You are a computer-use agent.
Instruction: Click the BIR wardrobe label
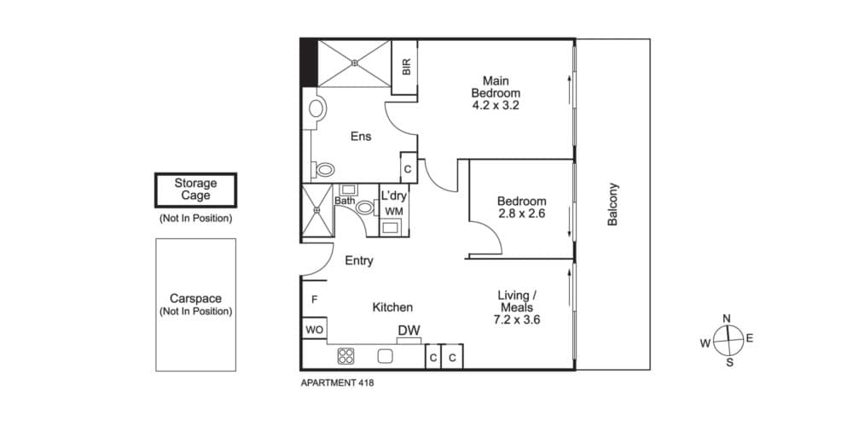pos(406,67)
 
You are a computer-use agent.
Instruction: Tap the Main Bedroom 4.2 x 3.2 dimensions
pos(496,104)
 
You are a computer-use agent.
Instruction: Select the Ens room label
pos(361,137)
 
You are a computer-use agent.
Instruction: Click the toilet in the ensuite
pos(324,170)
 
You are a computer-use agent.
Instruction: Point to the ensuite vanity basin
pos(316,108)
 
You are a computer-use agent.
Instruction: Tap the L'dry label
pos(393,196)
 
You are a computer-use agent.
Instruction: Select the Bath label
pos(345,201)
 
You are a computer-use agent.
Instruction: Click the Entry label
pos(359,260)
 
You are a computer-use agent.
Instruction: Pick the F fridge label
pos(315,299)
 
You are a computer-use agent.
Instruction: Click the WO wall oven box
pos(315,328)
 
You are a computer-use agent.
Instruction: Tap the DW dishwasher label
pos(409,330)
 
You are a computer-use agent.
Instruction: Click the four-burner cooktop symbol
pos(346,355)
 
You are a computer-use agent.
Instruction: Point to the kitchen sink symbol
pos(386,355)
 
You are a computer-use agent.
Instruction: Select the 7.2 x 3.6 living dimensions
pos(516,319)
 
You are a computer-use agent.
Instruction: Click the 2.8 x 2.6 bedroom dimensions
pos(521,213)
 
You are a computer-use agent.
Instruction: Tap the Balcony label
pos(612,204)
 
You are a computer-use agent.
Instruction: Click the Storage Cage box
pos(196,190)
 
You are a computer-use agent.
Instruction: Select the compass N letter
pos(726,319)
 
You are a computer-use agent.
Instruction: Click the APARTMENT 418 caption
pos(337,383)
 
